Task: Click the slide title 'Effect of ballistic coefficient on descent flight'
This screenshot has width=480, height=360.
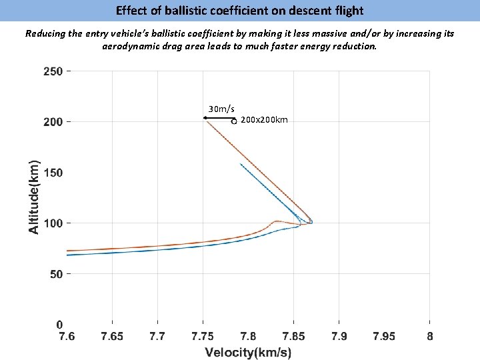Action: tap(239, 11)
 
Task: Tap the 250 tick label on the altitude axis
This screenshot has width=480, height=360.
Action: tap(53, 71)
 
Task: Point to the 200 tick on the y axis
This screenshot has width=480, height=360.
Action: tap(53, 122)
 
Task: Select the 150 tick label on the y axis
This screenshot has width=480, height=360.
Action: tap(53, 173)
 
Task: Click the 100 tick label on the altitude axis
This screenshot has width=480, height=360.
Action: tap(53, 223)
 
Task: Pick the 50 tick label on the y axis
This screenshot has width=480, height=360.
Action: tap(56, 274)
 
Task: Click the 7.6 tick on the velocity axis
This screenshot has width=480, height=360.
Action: tap(67, 337)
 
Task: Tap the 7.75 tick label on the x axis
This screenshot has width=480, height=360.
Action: tap(203, 337)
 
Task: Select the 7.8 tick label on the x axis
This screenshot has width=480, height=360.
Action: tap(248, 337)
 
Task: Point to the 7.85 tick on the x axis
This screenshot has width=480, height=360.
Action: tap(293, 337)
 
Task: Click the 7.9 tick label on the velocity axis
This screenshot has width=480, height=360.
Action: tap(339, 337)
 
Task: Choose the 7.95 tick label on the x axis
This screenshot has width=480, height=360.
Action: tap(384, 337)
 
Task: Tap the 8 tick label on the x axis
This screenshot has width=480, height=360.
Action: tap(429, 337)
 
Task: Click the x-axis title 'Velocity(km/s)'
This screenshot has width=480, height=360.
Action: tap(248, 352)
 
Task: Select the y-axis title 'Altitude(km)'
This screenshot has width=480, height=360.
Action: tap(33, 195)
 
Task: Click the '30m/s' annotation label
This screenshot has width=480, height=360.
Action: tap(221, 109)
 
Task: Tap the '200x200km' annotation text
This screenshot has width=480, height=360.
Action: tap(264, 120)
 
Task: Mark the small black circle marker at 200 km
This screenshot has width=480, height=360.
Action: tap(234, 121)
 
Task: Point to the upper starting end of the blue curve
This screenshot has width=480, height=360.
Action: tap(240, 164)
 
